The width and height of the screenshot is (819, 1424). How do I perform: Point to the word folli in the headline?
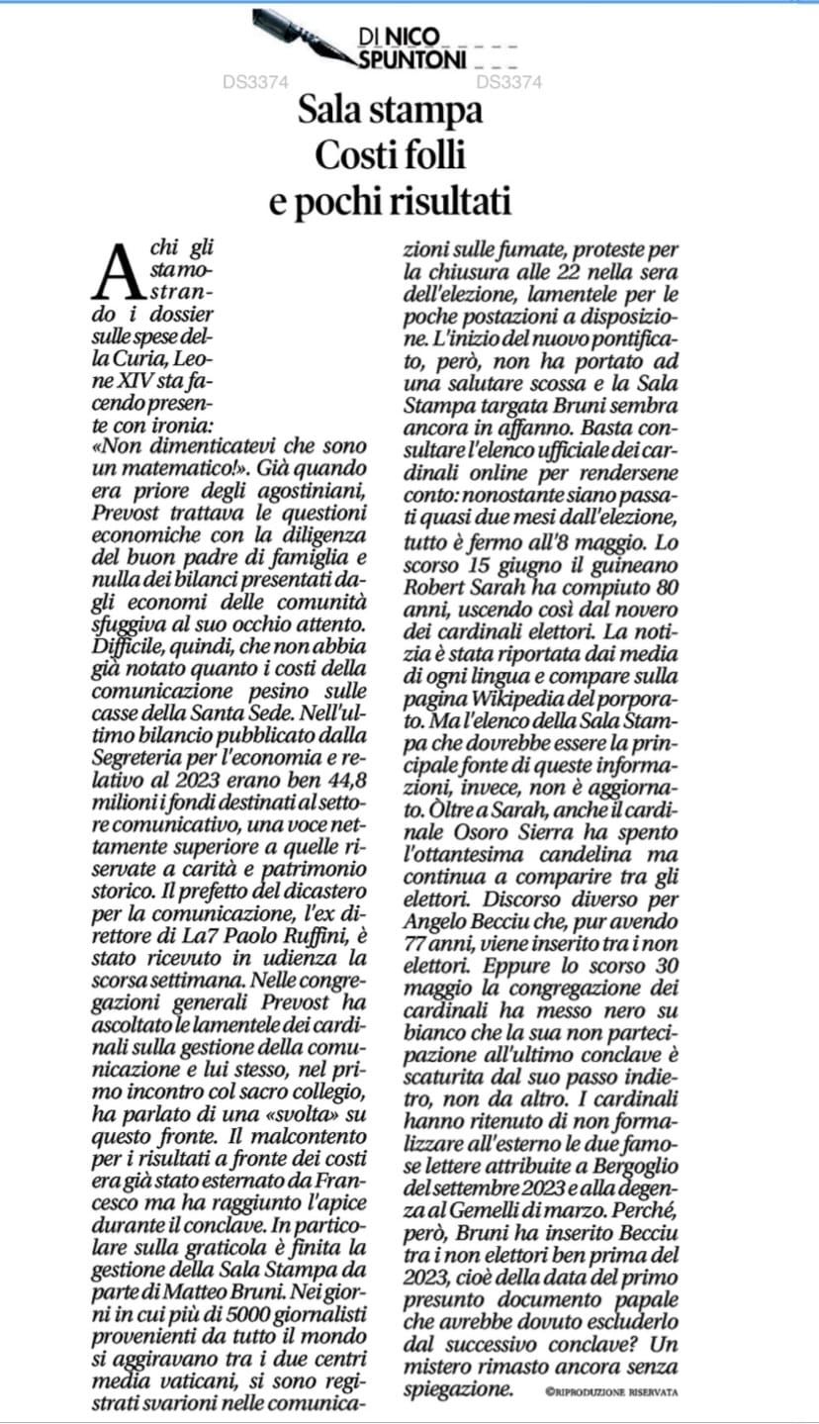point(435,156)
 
